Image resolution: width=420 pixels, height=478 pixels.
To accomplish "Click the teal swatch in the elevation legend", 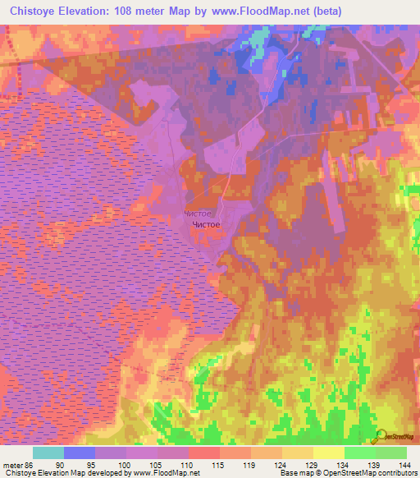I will click(x=48, y=453).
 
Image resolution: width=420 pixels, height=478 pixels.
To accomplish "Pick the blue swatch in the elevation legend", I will click(x=80, y=453).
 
